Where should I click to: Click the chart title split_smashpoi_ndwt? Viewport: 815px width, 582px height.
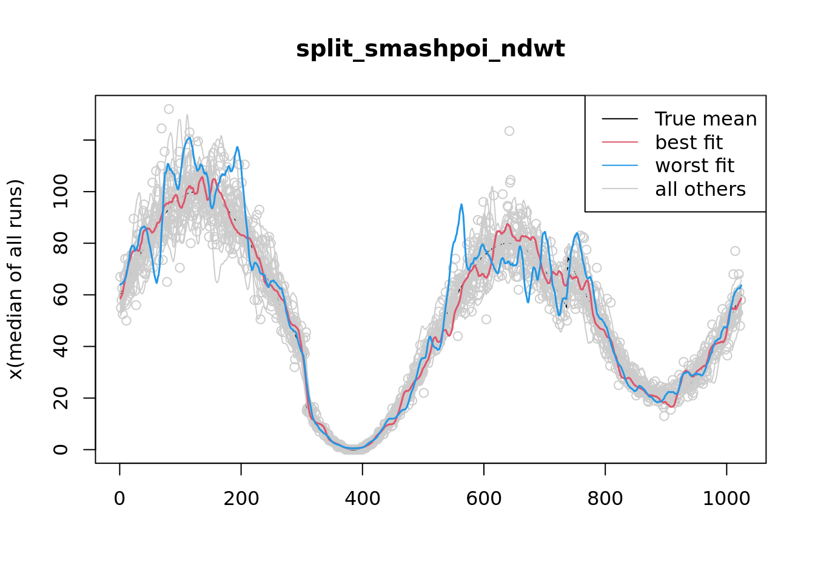tap(430, 49)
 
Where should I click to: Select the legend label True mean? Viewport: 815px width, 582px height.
tap(705, 119)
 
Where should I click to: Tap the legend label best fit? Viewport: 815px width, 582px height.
tap(688, 142)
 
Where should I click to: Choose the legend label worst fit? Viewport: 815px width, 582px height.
tap(694, 166)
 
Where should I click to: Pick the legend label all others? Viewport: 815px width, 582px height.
tap(700, 189)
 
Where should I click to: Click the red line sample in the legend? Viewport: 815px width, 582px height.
tap(620, 142)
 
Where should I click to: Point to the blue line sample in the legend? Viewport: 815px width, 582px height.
tap(620, 166)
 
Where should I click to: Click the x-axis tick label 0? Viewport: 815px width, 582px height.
tap(119, 499)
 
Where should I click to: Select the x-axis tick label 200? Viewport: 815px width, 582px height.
tap(241, 499)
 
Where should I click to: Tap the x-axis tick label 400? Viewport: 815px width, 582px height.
tap(362, 499)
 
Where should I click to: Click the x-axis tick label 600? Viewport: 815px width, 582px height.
tap(483, 499)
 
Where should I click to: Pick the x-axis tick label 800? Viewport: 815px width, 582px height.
tap(605, 499)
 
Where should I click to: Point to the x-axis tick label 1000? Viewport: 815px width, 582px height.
tap(726, 499)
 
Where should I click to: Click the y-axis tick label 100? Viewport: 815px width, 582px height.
tap(61, 192)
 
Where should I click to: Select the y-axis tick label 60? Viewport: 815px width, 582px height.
tap(61, 295)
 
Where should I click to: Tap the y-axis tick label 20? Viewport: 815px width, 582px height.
tap(61, 398)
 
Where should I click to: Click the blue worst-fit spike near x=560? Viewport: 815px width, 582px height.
tap(461, 205)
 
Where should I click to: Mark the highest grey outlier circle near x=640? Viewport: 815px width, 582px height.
tap(509, 131)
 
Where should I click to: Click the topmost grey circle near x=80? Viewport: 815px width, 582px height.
tap(169, 109)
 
